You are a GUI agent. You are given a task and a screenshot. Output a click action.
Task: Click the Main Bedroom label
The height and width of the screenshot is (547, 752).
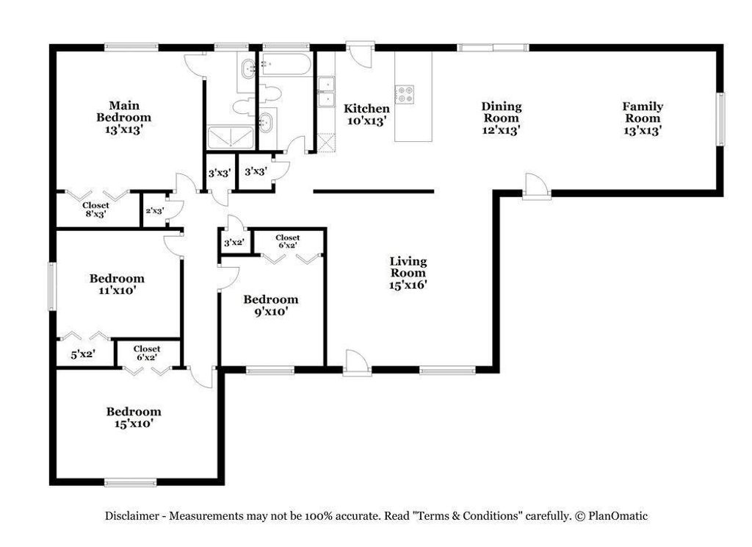tap(124, 111)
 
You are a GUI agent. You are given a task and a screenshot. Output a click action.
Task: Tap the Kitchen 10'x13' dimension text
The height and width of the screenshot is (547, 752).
tap(366, 121)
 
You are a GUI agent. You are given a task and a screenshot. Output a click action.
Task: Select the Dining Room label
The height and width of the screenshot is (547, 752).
tap(502, 112)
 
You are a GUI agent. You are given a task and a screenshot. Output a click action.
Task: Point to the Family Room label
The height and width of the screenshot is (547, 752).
tap(643, 112)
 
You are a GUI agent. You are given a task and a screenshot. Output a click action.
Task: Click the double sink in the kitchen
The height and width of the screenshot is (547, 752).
tap(325, 92)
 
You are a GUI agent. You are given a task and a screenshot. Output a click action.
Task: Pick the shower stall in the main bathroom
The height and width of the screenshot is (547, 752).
tap(231, 137)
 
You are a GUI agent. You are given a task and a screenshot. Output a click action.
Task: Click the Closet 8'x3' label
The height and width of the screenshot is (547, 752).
tap(95, 210)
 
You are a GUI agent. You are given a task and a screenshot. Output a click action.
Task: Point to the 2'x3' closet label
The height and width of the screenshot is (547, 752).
tap(154, 211)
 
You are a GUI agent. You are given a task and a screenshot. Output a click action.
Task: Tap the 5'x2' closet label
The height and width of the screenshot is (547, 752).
tap(82, 354)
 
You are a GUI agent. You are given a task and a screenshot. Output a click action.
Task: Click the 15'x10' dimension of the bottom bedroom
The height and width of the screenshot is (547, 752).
tap(133, 423)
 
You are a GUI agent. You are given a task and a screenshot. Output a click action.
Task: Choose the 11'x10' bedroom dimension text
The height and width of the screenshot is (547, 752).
tap(117, 290)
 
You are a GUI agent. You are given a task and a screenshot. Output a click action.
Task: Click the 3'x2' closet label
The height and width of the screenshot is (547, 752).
tap(234, 243)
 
